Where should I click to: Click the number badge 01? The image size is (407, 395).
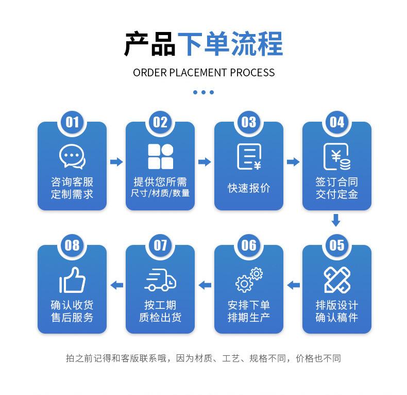72,122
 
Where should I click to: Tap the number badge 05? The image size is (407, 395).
336,245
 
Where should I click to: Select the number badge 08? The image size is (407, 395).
72,245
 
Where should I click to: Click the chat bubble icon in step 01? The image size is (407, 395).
72,157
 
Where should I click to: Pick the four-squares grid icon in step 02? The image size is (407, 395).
160,156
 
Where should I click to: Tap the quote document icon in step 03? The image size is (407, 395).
249,156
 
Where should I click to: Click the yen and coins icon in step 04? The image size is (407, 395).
337,156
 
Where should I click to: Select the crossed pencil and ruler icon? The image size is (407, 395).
337,279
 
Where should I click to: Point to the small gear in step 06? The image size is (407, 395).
257,274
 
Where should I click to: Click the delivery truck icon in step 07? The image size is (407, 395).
160,279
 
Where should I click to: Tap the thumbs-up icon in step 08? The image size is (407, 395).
72,279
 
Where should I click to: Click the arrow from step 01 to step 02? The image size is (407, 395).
116,162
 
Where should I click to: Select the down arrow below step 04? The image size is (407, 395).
336,220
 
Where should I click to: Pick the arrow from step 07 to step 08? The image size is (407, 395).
116,285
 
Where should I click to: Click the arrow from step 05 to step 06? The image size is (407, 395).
293,285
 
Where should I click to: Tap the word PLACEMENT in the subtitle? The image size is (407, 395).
198,73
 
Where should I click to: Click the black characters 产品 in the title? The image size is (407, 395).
150,44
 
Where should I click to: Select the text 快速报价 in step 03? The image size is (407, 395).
249,188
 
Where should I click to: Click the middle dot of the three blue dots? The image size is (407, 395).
203,92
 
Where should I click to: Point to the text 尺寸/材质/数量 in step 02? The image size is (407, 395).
160,193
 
